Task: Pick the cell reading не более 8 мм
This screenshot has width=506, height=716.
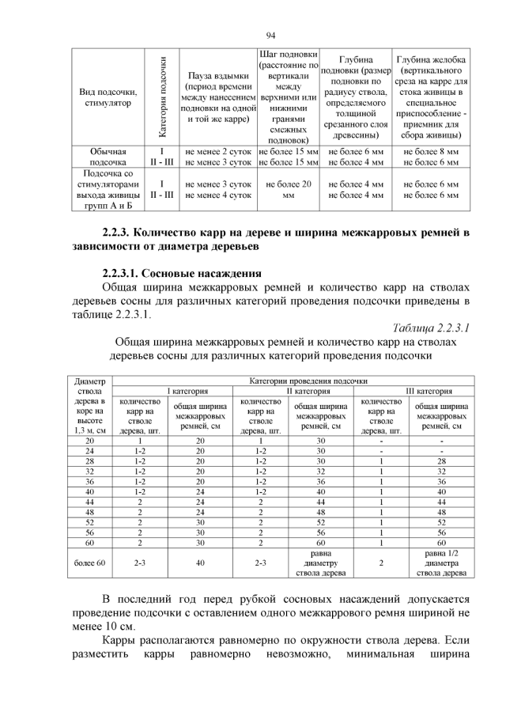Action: coord(431,150)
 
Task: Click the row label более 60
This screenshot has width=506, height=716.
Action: coord(89,563)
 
